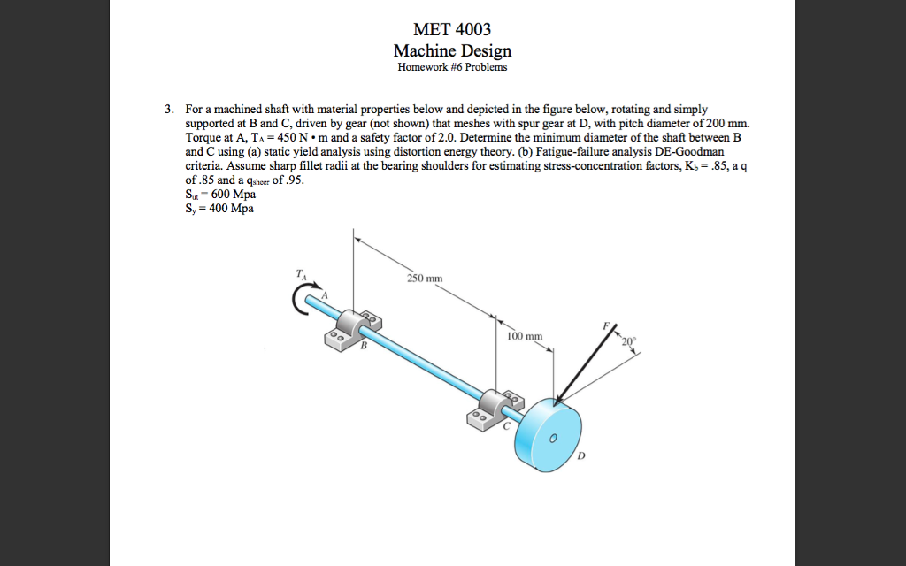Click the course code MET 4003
coord(452,31)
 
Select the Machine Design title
coord(452,50)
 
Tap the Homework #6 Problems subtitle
coord(452,67)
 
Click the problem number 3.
coord(169,109)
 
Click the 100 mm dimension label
coord(525,336)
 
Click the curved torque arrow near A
coord(301,302)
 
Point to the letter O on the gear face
coord(552,438)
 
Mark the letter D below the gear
coord(580,456)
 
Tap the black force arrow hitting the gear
coord(580,363)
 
